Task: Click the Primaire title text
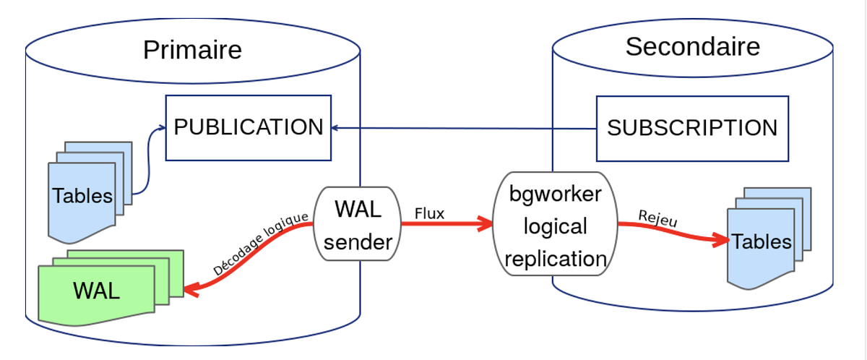point(192,50)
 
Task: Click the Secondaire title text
point(693,47)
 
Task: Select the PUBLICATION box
point(249,128)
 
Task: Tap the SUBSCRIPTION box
point(692,129)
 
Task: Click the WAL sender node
point(357,224)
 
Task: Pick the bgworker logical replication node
point(555,224)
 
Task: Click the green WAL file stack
point(111,288)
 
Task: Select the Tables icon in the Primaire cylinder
point(90,192)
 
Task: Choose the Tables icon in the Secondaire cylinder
point(769,239)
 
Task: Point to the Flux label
point(429,213)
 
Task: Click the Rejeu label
point(657,218)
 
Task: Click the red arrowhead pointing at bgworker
point(485,223)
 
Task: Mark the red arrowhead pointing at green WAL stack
point(191,290)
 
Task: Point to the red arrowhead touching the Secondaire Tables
point(721,240)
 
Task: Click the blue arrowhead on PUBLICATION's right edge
point(335,128)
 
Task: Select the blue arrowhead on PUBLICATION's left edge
point(162,128)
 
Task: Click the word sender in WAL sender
point(358,242)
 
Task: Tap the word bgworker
point(555,194)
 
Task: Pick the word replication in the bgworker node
point(556,259)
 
